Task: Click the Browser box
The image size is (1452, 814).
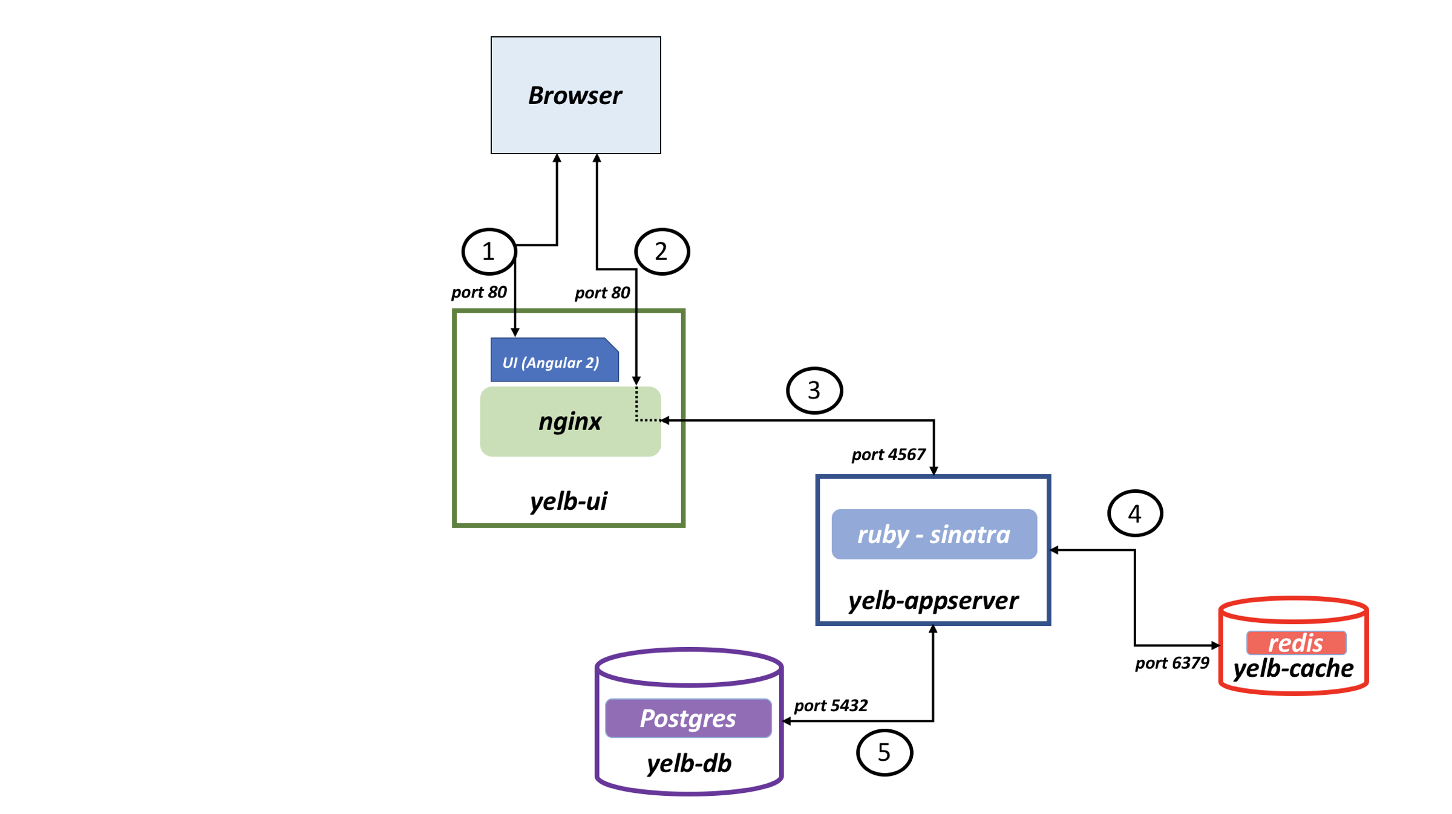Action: coord(575,95)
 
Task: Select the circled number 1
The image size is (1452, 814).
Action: coord(488,251)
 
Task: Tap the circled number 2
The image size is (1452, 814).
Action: coord(661,252)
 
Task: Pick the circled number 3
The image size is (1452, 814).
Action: coord(814,390)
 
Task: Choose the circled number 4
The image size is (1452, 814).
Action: coord(1134,513)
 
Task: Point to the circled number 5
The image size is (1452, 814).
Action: coord(884,752)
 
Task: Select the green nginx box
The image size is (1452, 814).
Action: coord(569,422)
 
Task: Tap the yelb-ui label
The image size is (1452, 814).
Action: coord(568,501)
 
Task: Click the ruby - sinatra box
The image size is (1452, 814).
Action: coord(934,534)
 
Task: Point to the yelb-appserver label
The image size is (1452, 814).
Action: coord(933,601)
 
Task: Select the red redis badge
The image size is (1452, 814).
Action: coord(1296,643)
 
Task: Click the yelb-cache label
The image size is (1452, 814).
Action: coord(1293,669)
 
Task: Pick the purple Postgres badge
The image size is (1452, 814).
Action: coord(688,718)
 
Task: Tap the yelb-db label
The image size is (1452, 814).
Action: coord(689,763)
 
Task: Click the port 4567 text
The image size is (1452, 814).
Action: coord(888,454)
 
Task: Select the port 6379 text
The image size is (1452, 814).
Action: coord(1172,663)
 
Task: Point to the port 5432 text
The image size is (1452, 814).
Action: coord(831,705)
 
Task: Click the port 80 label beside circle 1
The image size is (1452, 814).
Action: coord(479,292)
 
